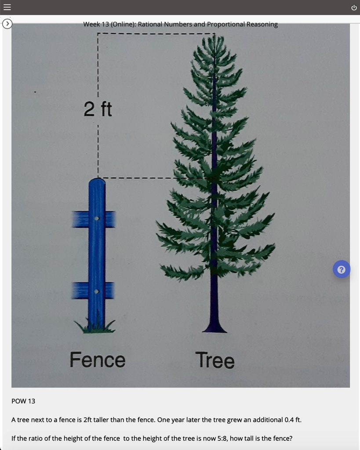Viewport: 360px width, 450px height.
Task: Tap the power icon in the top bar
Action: (x=354, y=7)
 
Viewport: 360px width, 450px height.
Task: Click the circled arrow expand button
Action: (x=7, y=24)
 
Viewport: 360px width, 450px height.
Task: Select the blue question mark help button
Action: (x=342, y=269)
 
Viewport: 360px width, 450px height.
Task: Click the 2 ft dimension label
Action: (x=98, y=109)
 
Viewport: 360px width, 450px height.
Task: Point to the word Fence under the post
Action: (x=98, y=360)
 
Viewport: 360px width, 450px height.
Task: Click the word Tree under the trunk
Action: (x=215, y=360)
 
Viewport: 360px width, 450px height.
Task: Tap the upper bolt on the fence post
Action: (x=97, y=218)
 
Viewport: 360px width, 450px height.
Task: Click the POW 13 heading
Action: (x=23, y=401)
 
